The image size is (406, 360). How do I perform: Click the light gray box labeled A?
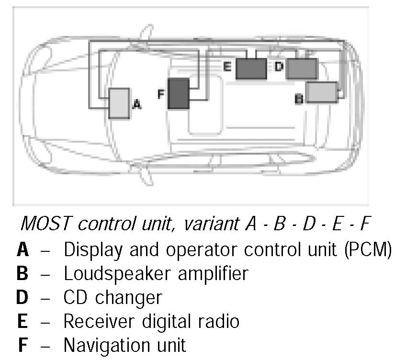pos(119,103)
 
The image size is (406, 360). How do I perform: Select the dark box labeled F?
pos(178,93)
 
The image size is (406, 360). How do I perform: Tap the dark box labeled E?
pos(251,68)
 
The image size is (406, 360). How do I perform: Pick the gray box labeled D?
pos(302,68)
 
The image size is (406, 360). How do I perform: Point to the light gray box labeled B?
pos(322,92)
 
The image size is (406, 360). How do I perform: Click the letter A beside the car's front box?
pos(136,104)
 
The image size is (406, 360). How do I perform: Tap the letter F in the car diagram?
pos(161,94)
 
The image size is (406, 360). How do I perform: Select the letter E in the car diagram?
pos(227,66)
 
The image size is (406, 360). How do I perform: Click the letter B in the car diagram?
pos(299,99)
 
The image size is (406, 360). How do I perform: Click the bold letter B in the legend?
pos(22,273)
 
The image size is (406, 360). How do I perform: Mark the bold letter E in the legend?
pos(22,321)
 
